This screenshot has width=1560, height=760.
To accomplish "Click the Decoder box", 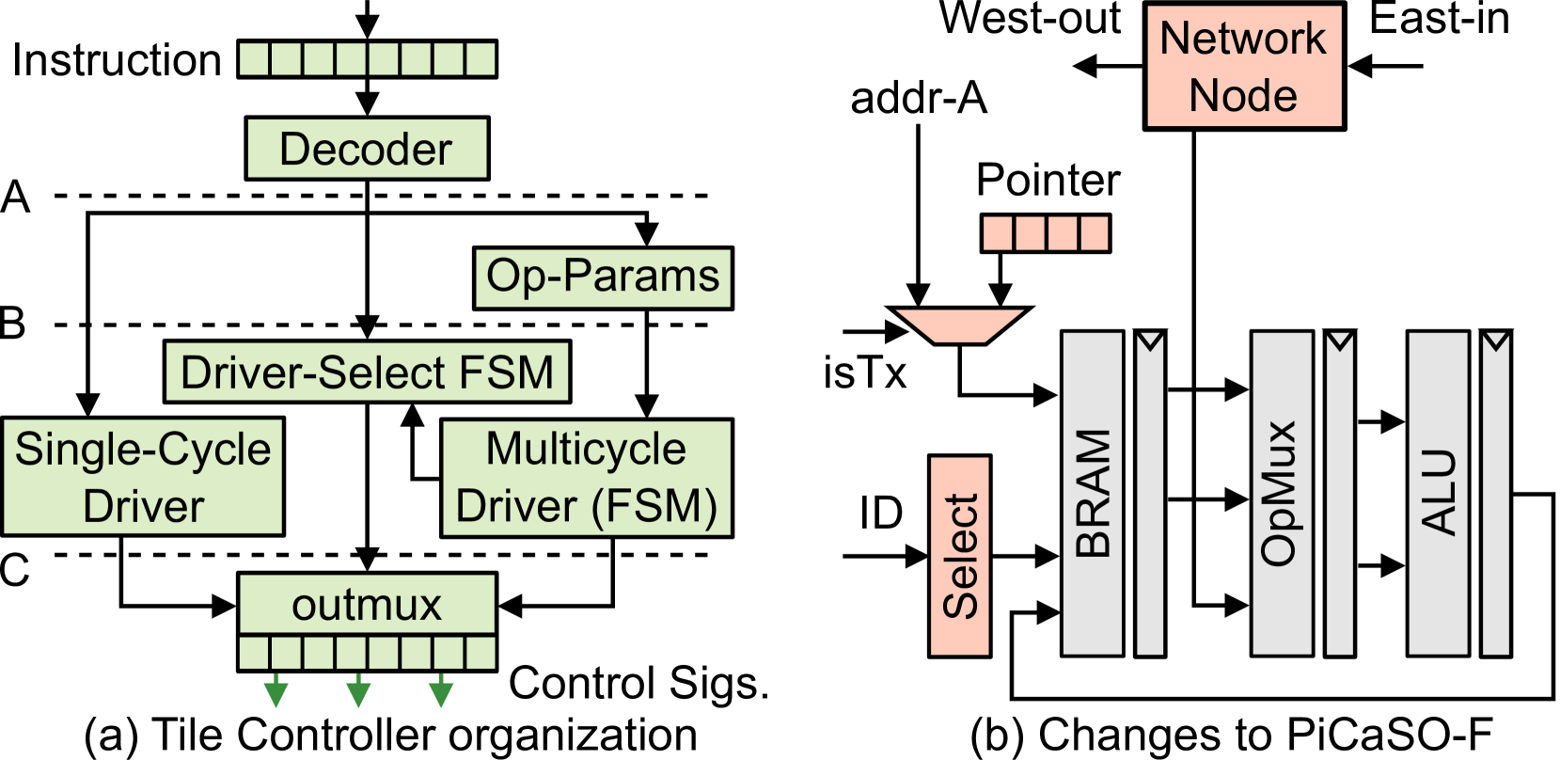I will [367, 149].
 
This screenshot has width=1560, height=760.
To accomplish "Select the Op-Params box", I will [603, 277].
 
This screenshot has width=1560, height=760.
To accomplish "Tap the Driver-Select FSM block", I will [367, 372].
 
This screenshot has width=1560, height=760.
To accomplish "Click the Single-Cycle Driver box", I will [143, 477].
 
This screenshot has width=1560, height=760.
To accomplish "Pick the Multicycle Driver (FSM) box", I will [587, 478].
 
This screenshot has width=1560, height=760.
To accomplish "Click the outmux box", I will [367, 604].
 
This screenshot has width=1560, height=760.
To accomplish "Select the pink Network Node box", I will [1244, 66].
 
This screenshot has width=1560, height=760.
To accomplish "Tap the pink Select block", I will [959, 556].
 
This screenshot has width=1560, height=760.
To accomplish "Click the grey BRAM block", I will [1092, 493].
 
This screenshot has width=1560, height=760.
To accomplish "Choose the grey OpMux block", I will [1281, 493].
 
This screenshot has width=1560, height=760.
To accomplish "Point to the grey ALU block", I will [1437, 493].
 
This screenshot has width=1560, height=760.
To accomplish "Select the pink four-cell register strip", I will [1046, 233].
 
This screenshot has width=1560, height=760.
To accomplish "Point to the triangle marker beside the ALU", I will [1495, 341].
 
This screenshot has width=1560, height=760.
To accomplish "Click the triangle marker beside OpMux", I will [1339, 341].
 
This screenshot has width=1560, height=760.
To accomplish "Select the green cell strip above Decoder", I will [367, 59].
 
